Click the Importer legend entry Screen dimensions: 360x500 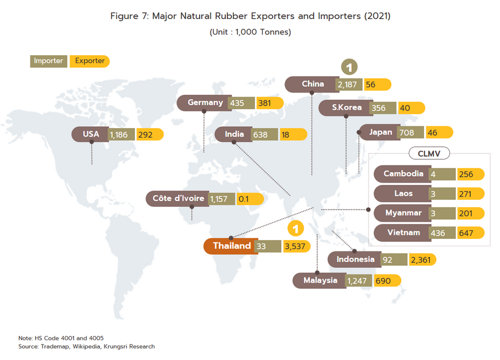(x=48, y=61)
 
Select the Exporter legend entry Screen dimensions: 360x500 (x=90, y=61)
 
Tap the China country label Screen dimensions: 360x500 (x=313, y=84)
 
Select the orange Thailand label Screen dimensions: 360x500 (x=232, y=246)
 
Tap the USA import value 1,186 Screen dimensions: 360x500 (x=121, y=135)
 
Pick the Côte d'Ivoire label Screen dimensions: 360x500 (x=178, y=199)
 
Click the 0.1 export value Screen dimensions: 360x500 (x=243, y=199)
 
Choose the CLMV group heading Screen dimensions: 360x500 (x=429, y=153)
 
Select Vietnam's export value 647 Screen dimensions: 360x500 (x=469, y=233)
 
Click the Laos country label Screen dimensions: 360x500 (x=403, y=193)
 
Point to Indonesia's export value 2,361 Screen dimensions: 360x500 (x=422, y=260)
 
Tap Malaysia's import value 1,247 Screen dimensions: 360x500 (x=359, y=281)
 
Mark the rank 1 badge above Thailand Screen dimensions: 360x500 (x=295, y=229)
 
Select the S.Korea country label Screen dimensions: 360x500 (x=347, y=107)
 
